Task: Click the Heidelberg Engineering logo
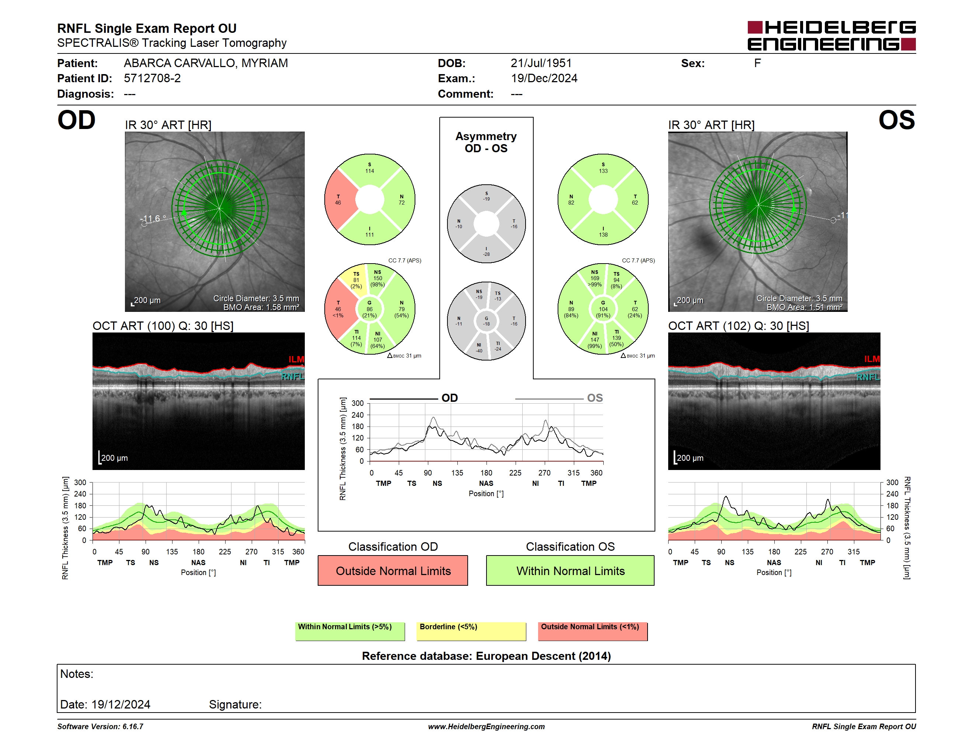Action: pyautogui.click(x=831, y=36)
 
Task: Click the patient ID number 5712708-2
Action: pyautogui.click(x=152, y=79)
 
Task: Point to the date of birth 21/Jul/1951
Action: pyautogui.click(x=541, y=63)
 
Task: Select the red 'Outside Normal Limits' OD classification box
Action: pyautogui.click(x=393, y=570)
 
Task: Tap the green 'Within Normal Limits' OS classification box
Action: pyautogui.click(x=570, y=570)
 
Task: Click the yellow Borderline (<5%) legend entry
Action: pyautogui.click(x=471, y=631)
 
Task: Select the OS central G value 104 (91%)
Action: pyautogui.click(x=603, y=309)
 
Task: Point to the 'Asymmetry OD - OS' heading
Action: pyautogui.click(x=486, y=142)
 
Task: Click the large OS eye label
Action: pyautogui.click(x=896, y=120)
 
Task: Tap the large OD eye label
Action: pyautogui.click(x=76, y=120)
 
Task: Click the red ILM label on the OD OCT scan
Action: pyautogui.click(x=296, y=359)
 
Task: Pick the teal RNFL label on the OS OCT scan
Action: pyautogui.click(x=868, y=377)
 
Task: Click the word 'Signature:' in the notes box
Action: pyautogui.click(x=235, y=704)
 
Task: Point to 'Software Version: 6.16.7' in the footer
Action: pyautogui.click(x=100, y=727)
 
